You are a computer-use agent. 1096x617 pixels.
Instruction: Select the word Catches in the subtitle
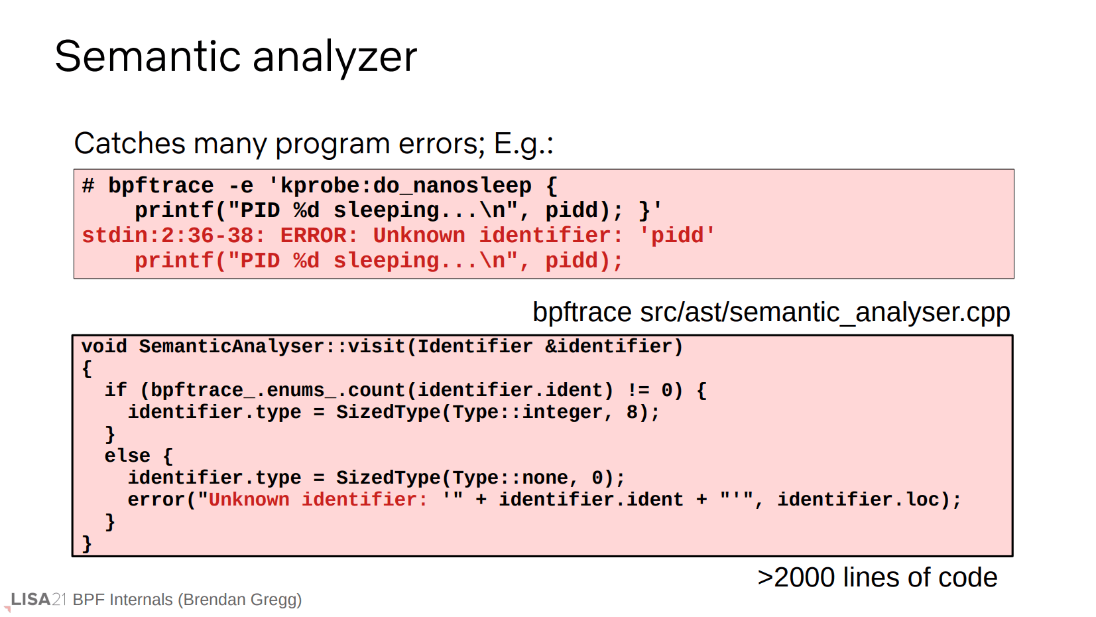click(130, 144)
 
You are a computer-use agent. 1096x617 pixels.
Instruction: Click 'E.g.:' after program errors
click(524, 145)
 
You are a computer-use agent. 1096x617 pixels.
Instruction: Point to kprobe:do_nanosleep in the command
click(406, 186)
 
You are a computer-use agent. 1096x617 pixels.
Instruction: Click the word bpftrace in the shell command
click(161, 186)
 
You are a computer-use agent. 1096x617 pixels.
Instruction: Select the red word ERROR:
click(320, 236)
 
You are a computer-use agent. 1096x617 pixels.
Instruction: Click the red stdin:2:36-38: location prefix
click(173, 236)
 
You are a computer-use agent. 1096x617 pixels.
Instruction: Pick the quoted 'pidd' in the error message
click(677, 236)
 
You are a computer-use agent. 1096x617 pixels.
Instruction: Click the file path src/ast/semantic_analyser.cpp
click(825, 312)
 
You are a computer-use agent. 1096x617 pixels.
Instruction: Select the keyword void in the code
click(104, 347)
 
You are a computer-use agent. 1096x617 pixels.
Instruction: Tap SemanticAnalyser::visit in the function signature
click(273, 347)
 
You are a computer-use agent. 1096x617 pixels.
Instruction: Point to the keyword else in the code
click(127, 456)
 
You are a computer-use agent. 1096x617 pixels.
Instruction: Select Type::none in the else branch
click(511, 478)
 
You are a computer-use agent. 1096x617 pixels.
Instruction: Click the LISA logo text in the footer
click(30, 600)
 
